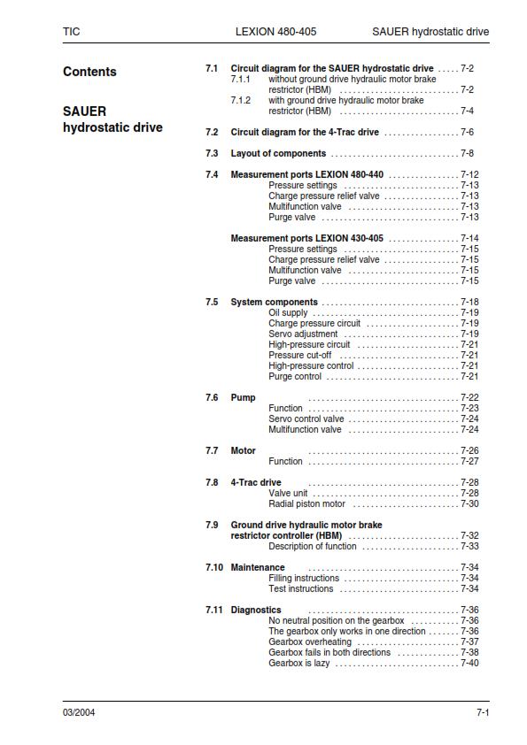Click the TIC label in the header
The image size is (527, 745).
coord(71,31)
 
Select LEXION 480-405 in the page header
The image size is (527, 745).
coord(275,31)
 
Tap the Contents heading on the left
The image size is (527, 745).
coord(89,72)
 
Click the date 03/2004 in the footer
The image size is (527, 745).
coord(79,713)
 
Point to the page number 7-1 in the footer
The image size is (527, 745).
coord(483,713)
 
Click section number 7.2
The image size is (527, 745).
coord(212,132)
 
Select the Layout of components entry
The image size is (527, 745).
coord(278,153)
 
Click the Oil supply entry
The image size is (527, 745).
coord(288,312)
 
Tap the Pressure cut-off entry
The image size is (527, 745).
coord(300,355)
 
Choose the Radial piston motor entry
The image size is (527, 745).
coord(306,503)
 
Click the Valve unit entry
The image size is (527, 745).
coord(288,493)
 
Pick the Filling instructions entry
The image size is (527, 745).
coord(301,578)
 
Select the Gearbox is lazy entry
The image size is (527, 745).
coord(298,663)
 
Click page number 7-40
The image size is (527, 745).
coord(469,663)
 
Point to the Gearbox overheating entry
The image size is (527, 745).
coord(310,641)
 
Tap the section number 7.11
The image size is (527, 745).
coord(213,610)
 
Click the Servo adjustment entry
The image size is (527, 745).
coord(303,334)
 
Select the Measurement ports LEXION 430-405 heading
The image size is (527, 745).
coord(306,238)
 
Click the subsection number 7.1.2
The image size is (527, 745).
coord(241,100)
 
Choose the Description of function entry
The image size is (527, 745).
coord(313,546)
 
